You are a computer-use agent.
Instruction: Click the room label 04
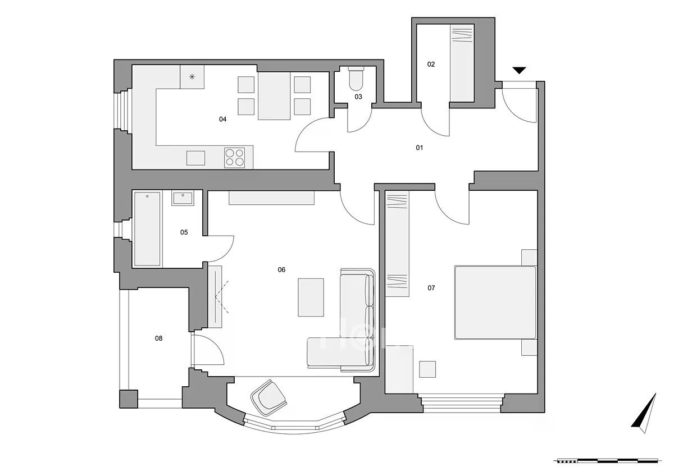tap(222, 120)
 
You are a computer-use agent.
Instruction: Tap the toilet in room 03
tap(356, 79)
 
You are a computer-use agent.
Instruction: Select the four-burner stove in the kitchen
tap(234, 158)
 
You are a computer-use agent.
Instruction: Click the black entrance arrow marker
tap(520, 70)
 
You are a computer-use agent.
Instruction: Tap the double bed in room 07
tap(495, 303)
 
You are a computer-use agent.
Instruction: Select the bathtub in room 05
tap(147, 229)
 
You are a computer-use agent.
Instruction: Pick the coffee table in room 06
tap(311, 297)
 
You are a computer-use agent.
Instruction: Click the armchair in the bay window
tap(268, 397)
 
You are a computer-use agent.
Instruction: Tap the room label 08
tap(158, 338)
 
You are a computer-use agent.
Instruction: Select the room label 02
tap(431, 65)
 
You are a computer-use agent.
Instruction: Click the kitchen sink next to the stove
tap(195, 158)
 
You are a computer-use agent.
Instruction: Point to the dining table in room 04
tap(274, 96)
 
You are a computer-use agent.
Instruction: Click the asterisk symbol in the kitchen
tap(192, 77)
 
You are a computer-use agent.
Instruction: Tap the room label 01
tap(420, 148)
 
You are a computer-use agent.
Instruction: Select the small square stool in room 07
tap(427, 369)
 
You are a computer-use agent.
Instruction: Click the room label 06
tap(281, 270)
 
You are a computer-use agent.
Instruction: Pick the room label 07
tap(431, 288)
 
